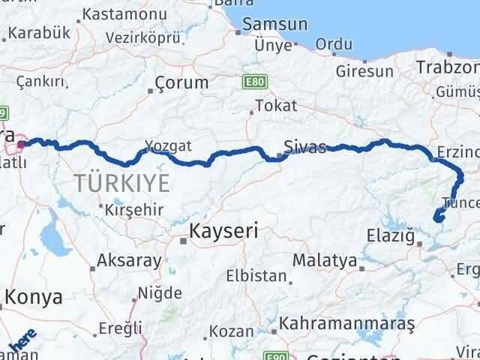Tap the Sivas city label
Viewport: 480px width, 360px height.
click(304, 146)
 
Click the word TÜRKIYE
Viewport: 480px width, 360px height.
click(122, 181)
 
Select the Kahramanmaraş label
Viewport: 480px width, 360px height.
click(346, 323)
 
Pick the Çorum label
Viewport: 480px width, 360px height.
click(182, 82)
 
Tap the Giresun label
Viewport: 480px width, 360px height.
click(364, 72)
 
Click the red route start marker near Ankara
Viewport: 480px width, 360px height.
click(22, 145)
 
